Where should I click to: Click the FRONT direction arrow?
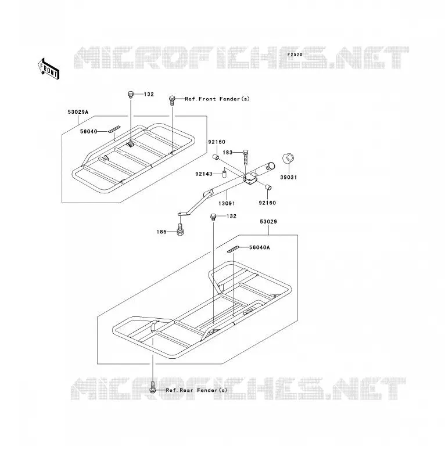point(49,69)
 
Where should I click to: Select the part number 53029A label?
point(78,112)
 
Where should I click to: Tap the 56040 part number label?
point(89,131)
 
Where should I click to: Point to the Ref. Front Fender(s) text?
point(217,99)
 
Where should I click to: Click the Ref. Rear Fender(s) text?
point(196,390)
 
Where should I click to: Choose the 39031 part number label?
point(289,177)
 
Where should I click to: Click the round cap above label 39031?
point(288,158)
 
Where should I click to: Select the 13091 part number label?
point(227,204)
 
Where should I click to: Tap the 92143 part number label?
point(204,174)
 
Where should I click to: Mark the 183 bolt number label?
point(227,153)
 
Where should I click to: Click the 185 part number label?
point(162,232)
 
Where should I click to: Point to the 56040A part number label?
point(260,247)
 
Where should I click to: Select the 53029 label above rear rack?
point(268,222)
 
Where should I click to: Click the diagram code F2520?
point(295,55)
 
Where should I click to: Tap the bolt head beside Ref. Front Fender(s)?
point(172,99)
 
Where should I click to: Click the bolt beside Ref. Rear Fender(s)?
point(153,388)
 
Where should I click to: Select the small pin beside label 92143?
point(224,175)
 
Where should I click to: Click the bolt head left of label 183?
point(245,152)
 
